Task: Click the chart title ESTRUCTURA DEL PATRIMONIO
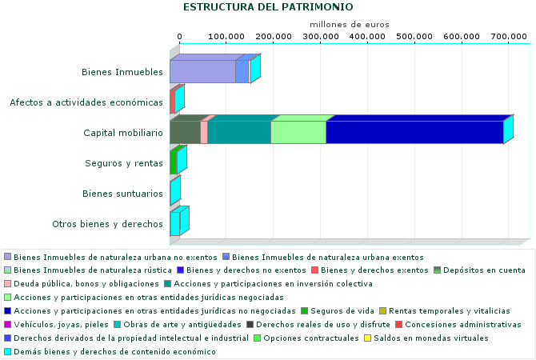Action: [268, 7]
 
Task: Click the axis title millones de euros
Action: [350, 24]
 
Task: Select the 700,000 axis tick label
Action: [509, 37]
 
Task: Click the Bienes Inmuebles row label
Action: [122, 73]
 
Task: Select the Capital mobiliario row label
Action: [123, 133]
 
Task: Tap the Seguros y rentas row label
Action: [124, 163]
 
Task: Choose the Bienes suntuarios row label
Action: [123, 194]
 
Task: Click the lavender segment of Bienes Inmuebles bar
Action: [202, 72]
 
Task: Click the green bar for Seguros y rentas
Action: [173, 163]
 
